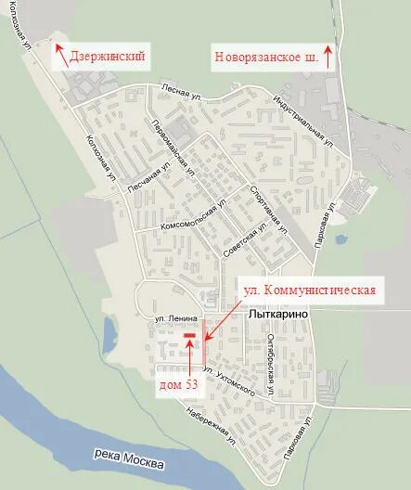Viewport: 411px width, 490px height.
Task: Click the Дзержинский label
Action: [108, 57]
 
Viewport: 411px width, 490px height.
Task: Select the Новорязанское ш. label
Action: [272, 57]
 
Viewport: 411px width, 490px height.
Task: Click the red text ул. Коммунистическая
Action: [310, 290]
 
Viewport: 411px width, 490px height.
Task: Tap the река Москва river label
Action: [130, 458]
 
